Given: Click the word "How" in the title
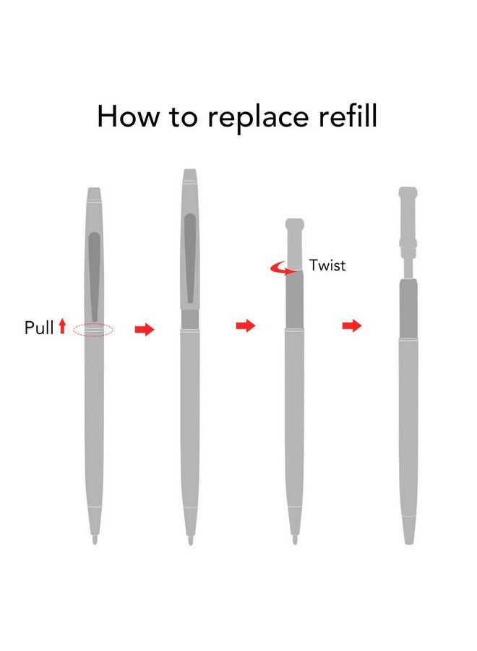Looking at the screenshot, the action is [x=127, y=116].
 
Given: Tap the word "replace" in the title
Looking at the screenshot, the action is [x=258, y=119].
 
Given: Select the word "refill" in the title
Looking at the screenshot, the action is [x=348, y=116].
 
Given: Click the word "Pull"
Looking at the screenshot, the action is [x=39, y=328].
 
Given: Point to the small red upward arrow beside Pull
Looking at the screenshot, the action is [x=62, y=326].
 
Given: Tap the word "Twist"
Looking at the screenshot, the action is [x=327, y=265].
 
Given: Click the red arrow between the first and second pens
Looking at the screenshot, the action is [x=145, y=330].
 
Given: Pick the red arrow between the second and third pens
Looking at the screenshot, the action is [x=246, y=326].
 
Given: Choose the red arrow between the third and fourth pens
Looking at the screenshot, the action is [x=352, y=326].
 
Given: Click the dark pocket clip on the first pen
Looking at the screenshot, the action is [x=95, y=276].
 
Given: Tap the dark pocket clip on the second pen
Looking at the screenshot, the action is [x=190, y=258].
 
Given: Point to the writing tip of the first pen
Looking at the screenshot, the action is [x=95, y=540].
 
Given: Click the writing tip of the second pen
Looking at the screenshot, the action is [x=190, y=540].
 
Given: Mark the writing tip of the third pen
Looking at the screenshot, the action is [x=295, y=540].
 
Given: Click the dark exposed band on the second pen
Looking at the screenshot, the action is [x=190, y=319].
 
